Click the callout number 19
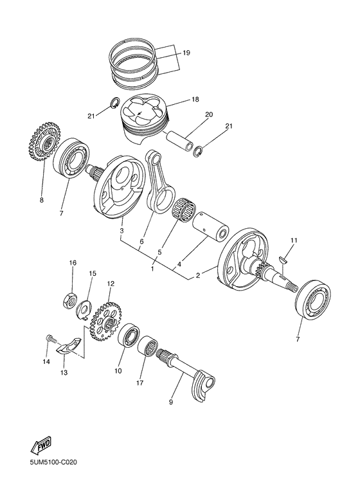(x=186, y=53)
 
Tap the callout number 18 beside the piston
(x=195, y=100)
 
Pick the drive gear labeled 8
(x=45, y=144)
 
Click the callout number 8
(x=41, y=200)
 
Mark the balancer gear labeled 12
(x=105, y=321)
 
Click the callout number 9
(x=170, y=402)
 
